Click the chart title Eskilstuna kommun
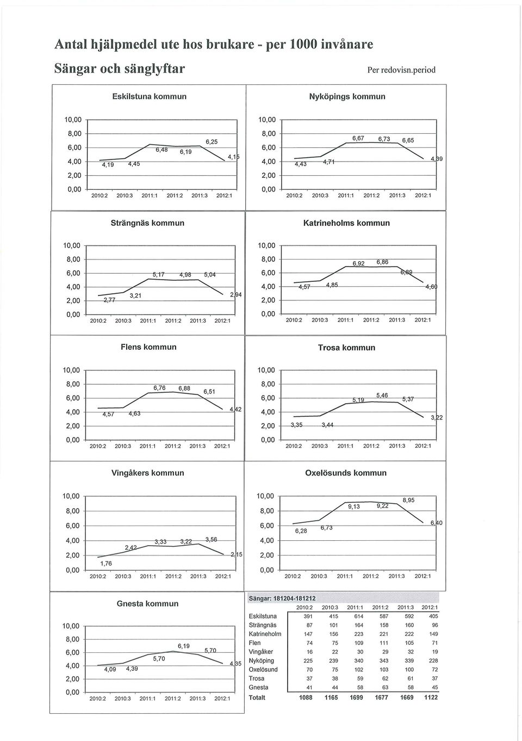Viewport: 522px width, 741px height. pyautogui.click(x=150, y=97)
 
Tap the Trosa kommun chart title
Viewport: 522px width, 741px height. pyautogui.click(x=346, y=348)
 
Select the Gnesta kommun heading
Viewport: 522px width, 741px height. pyautogui.click(x=147, y=604)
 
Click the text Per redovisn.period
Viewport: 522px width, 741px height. pyautogui.click(x=401, y=70)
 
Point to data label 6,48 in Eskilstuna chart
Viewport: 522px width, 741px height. pyautogui.click(x=161, y=150)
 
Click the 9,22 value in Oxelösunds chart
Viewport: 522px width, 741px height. pyautogui.click(x=382, y=506)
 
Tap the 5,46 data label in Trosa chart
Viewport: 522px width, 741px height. pyautogui.click(x=382, y=396)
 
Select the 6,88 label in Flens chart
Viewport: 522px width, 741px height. pyautogui.click(x=184, y=388)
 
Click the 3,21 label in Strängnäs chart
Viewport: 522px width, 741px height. pyautogui.click(x=135, y=296)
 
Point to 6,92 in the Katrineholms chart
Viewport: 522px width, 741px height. pyautogui.click(x=358, y=263)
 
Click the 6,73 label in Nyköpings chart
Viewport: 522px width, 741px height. pyautogui.click(x=384, y=139)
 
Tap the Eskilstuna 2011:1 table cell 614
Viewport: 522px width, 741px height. pyautogui.click(x=358, y=616)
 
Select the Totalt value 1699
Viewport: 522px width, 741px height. pyautogui.click(x=356, y=697)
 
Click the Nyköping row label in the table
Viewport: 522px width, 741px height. pyautogui.click(x=261, y=660)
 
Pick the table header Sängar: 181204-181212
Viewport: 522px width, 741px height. pyautogui.click(x=282, y=598)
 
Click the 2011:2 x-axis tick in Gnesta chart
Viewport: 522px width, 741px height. pyautogui.click(x=172, y=699)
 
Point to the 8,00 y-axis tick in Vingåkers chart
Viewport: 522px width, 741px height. pyautogui.click(x=73, y=511)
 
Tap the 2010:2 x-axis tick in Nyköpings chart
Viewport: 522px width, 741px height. pyautogui.click(x=294, y=196)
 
